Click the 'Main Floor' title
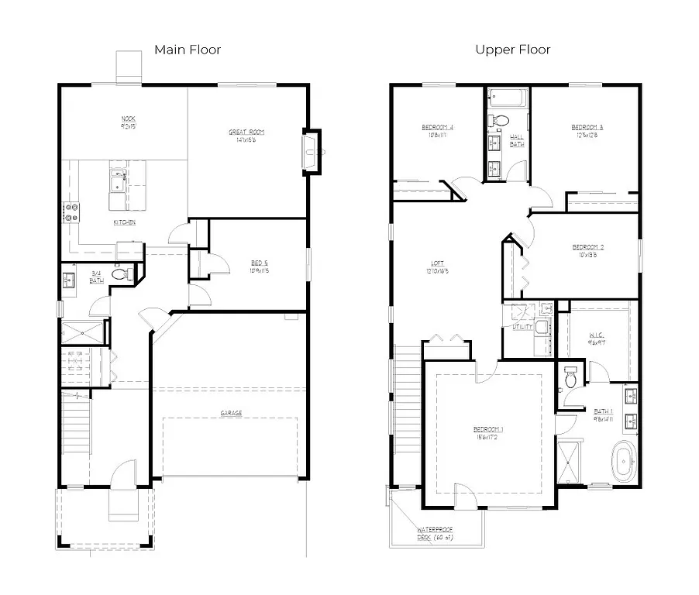coord(188,50)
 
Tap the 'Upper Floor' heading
coord(513,50)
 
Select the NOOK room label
coord(129,119)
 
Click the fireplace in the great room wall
coord(312,152)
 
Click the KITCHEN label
coord(124,222)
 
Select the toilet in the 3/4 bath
coord(120,273)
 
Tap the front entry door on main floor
coord(122,475)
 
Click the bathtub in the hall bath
coord(508,98)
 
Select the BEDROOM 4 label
coord(437,127)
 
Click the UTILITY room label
coord(523,327)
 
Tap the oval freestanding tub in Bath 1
coord(623,460)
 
